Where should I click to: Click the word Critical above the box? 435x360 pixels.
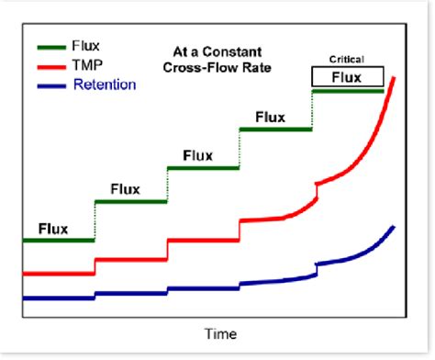click(347, 59)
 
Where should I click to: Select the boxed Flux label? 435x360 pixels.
click(347, 77)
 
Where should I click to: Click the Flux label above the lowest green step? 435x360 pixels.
click(54, 228)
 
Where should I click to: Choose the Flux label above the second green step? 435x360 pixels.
click(125, 189)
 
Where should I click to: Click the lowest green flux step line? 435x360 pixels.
click(58, 241)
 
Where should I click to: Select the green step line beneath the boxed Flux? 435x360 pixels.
click(348, 91)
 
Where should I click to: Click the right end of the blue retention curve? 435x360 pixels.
click(395, 226)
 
